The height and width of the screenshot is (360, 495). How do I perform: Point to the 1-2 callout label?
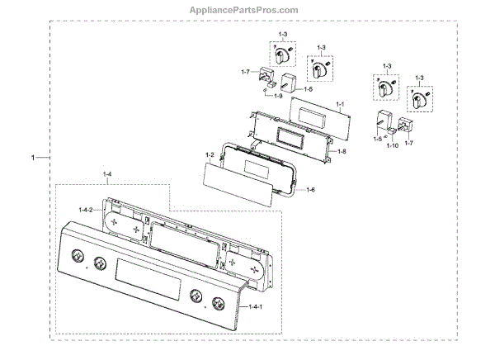click(210, 155)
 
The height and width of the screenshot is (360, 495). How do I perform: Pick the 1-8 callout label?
click(342, 152)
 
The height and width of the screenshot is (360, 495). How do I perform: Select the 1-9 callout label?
click(279, 97)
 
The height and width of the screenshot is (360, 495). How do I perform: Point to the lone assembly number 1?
click(33, 157)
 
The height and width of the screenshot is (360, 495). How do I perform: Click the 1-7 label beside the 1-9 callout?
click(246, 73)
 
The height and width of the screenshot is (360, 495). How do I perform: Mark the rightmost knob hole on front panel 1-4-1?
click(218, 302)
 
